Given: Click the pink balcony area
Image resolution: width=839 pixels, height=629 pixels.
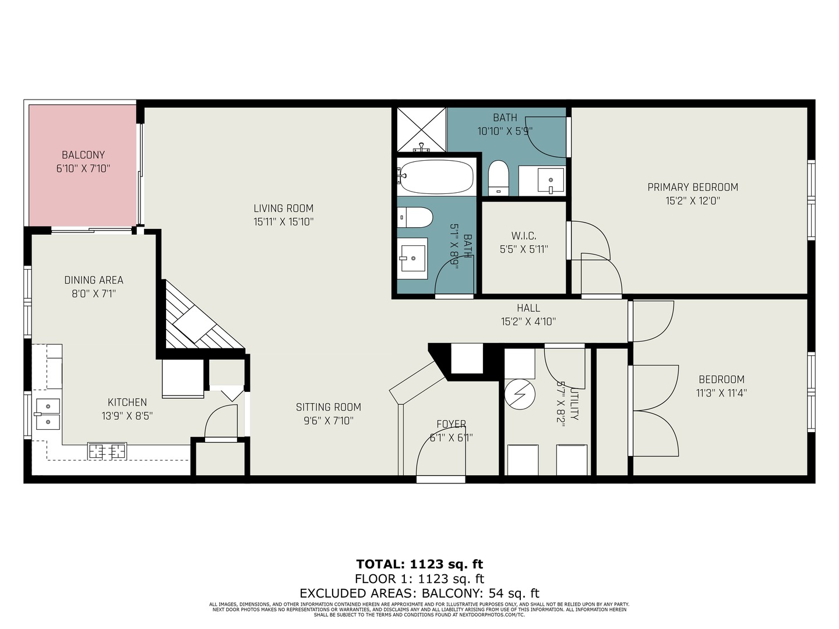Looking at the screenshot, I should click(x=83, y=166).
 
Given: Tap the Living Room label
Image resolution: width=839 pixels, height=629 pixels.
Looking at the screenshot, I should click(x=284, y=208).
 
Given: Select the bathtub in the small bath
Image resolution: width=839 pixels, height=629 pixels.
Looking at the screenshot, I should click(x=435, y=176).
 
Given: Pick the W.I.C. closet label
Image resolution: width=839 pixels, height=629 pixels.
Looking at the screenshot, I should click(x=524, y=236).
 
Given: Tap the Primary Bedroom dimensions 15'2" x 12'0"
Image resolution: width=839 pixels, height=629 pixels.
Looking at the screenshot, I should click(x=693, y=201).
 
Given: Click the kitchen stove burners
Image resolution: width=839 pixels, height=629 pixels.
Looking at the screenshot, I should click(x=107, y=451).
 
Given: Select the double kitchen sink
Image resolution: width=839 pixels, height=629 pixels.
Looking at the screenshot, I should click(x=47, y=414).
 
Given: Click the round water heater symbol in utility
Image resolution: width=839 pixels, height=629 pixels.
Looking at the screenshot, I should click(x=519, y=395).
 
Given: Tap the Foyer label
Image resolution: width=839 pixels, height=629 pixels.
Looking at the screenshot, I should click(x=451, y=424).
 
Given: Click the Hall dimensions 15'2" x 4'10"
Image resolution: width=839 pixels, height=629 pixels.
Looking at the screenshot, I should click(x=528, y=321).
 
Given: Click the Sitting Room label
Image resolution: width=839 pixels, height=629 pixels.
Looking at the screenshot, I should click(x=328, y=407).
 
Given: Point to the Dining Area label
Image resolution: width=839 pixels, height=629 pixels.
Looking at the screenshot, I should click(x=94, y=280).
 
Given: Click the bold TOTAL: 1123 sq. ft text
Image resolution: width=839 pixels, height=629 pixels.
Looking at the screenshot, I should click(x=419, y=564).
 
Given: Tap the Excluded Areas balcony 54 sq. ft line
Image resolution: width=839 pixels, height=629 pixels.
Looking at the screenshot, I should click(x=419, y=593).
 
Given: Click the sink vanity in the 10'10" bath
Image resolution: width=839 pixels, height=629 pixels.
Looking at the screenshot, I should click(x=542, y=181).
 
